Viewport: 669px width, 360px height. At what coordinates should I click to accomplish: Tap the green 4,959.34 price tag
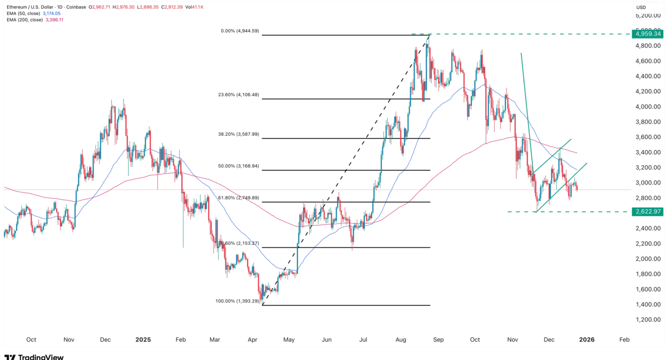click(x=647, y=34)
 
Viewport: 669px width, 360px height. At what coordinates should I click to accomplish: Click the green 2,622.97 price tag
click(x=647, y=211)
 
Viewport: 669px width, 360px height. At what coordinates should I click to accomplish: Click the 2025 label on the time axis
click(x=143, y=339)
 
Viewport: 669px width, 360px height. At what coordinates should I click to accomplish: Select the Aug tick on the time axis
click(x=401, y=339)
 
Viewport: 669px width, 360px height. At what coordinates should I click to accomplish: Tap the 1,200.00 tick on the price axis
click(x=647, y=319)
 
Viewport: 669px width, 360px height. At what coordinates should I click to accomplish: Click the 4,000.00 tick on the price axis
click(x=647, y=106)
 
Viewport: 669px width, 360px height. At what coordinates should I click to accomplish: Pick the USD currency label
click(x=641, y=7)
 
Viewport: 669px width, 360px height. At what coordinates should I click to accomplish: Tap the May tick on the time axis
click(x=289, y=339)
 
